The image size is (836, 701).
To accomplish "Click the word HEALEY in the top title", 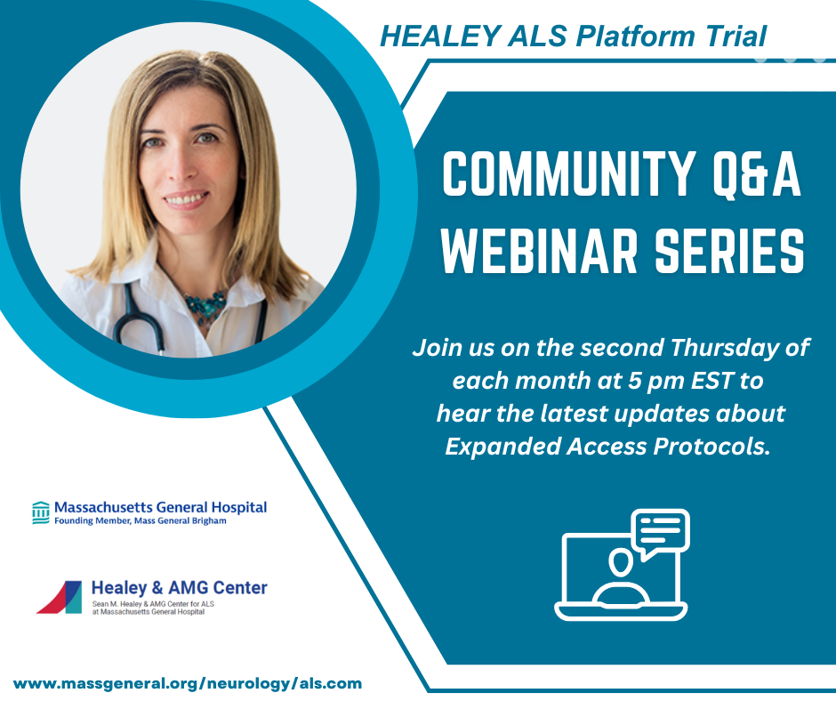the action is tap(440, 36).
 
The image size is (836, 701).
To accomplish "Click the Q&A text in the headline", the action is tap(757, 173).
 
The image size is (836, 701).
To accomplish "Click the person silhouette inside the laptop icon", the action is tap(621, 579).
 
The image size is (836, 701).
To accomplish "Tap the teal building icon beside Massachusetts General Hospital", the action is tap(41, 512).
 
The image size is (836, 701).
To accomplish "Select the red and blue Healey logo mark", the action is tap(60, 597).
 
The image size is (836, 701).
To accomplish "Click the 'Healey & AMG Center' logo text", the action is tap(179, 587).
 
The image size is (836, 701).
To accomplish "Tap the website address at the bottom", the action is tap(187, 683).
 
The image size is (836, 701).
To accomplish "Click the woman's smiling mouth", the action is tap(186, 200).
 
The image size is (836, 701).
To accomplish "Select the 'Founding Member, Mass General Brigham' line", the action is tap(141, 520).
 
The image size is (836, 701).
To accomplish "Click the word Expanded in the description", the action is tap(502, 447).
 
